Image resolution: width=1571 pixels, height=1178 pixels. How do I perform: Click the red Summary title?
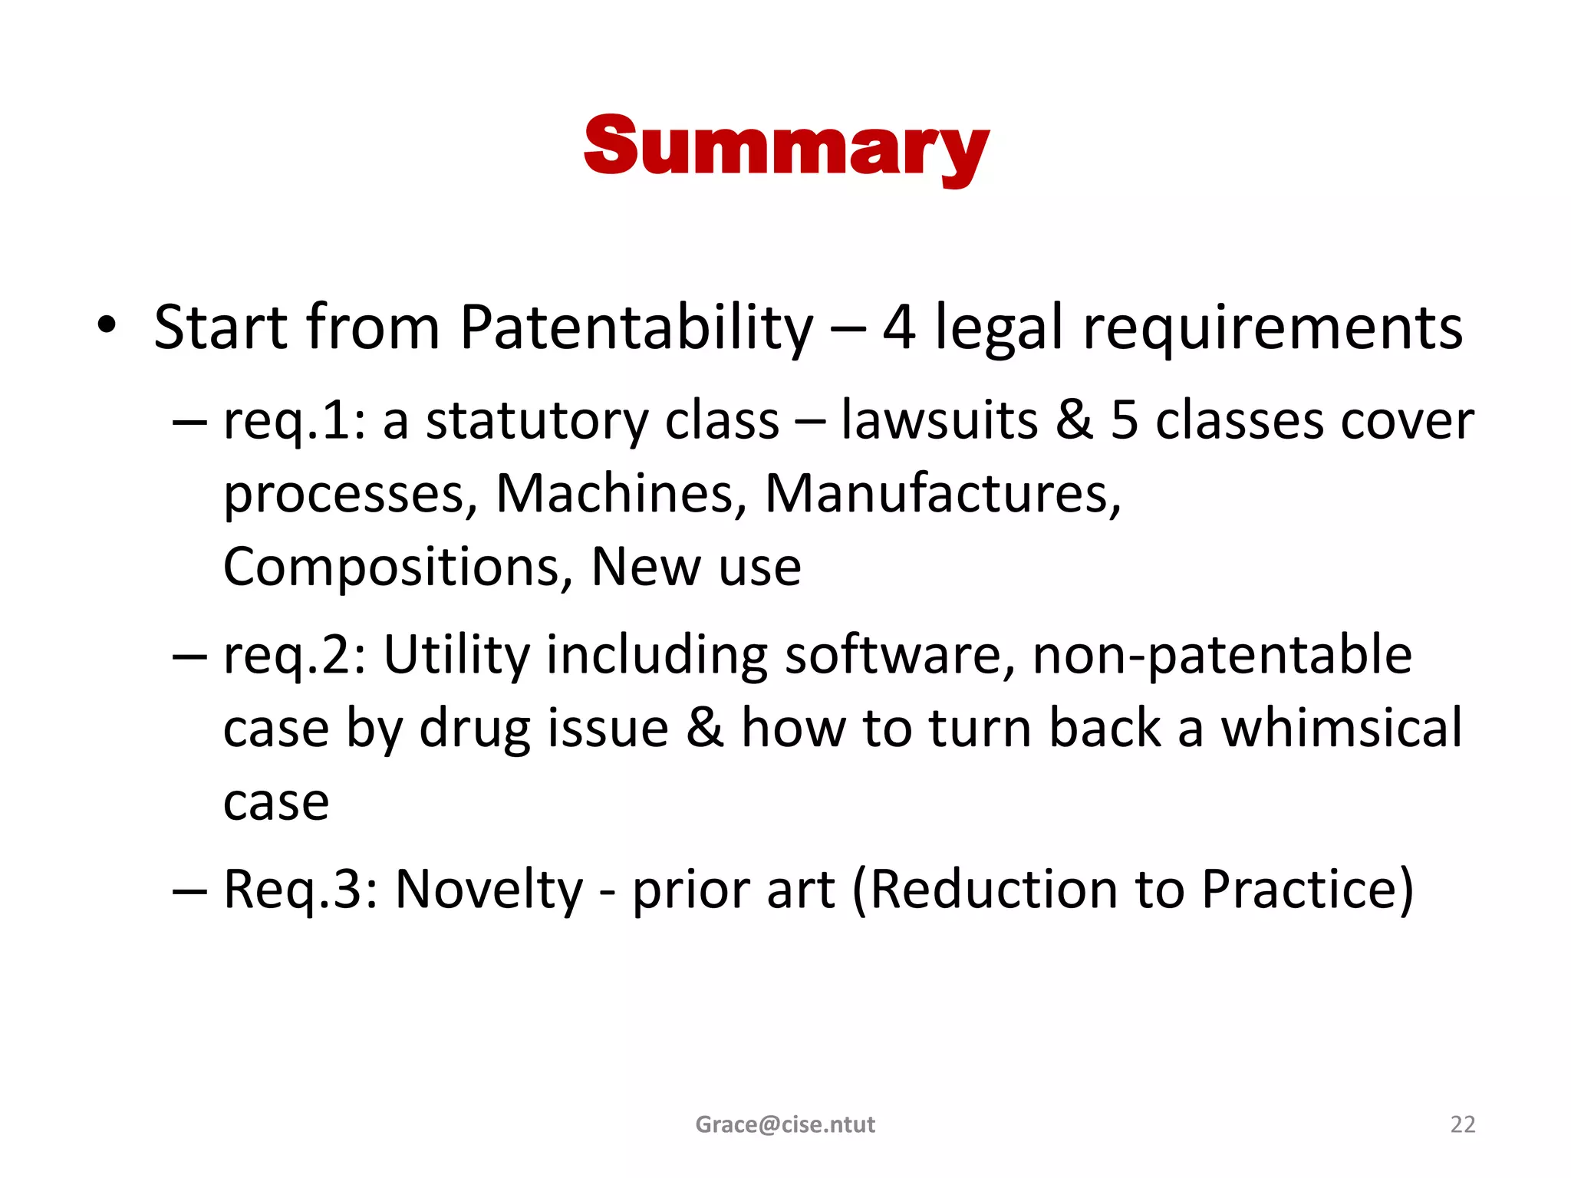pos(785,147)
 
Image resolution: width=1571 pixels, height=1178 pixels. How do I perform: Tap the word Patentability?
pos(636,328)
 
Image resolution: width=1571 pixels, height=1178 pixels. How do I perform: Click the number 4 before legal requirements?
pos(899,328)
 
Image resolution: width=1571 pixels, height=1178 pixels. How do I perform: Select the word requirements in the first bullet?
pos(1273,328)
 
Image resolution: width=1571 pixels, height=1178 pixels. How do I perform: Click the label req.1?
pos(295,422)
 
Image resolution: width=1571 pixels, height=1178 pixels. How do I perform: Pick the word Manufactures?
pos(943,494)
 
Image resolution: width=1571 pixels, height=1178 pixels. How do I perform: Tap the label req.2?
pos(295,656)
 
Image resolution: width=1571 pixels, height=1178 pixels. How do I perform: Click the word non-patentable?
pos(1222,656)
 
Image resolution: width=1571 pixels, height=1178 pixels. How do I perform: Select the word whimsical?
pos(1342,729)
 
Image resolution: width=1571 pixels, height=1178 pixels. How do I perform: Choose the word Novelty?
pos(489,890)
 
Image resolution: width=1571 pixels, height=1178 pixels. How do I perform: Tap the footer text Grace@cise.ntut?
pos(785,1124)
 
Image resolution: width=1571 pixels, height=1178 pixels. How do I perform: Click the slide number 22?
pos(1463,1124)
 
